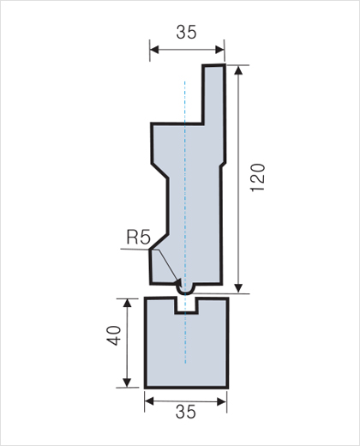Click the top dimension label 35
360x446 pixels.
[x=186, y=32]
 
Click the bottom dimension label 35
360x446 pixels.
[x=186, y=412]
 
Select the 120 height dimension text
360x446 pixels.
[x=258, y=178]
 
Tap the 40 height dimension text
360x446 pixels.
[x=114, y=335]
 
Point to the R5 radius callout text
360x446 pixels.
[x=138, y=237]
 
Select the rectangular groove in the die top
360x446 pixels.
[x=186, y=305]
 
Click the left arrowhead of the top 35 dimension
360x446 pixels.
[x=154, y=50]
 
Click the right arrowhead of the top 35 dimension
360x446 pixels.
[x=219, y=50]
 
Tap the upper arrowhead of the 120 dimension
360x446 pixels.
[x=238, y=70]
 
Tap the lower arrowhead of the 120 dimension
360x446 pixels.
[x=238, y=288]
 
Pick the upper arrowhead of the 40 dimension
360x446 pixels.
[x=127, y=303]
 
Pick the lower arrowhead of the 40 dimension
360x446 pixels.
[x=127, y=383]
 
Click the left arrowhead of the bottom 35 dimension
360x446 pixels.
[x=149, y=401]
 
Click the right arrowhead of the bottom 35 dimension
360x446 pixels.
[x=222, y=402]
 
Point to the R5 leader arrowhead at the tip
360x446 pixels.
[x=179, y=284]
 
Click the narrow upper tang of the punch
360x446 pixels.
[x=213, y=94]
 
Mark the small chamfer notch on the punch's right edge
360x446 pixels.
[x=223, y=165]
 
